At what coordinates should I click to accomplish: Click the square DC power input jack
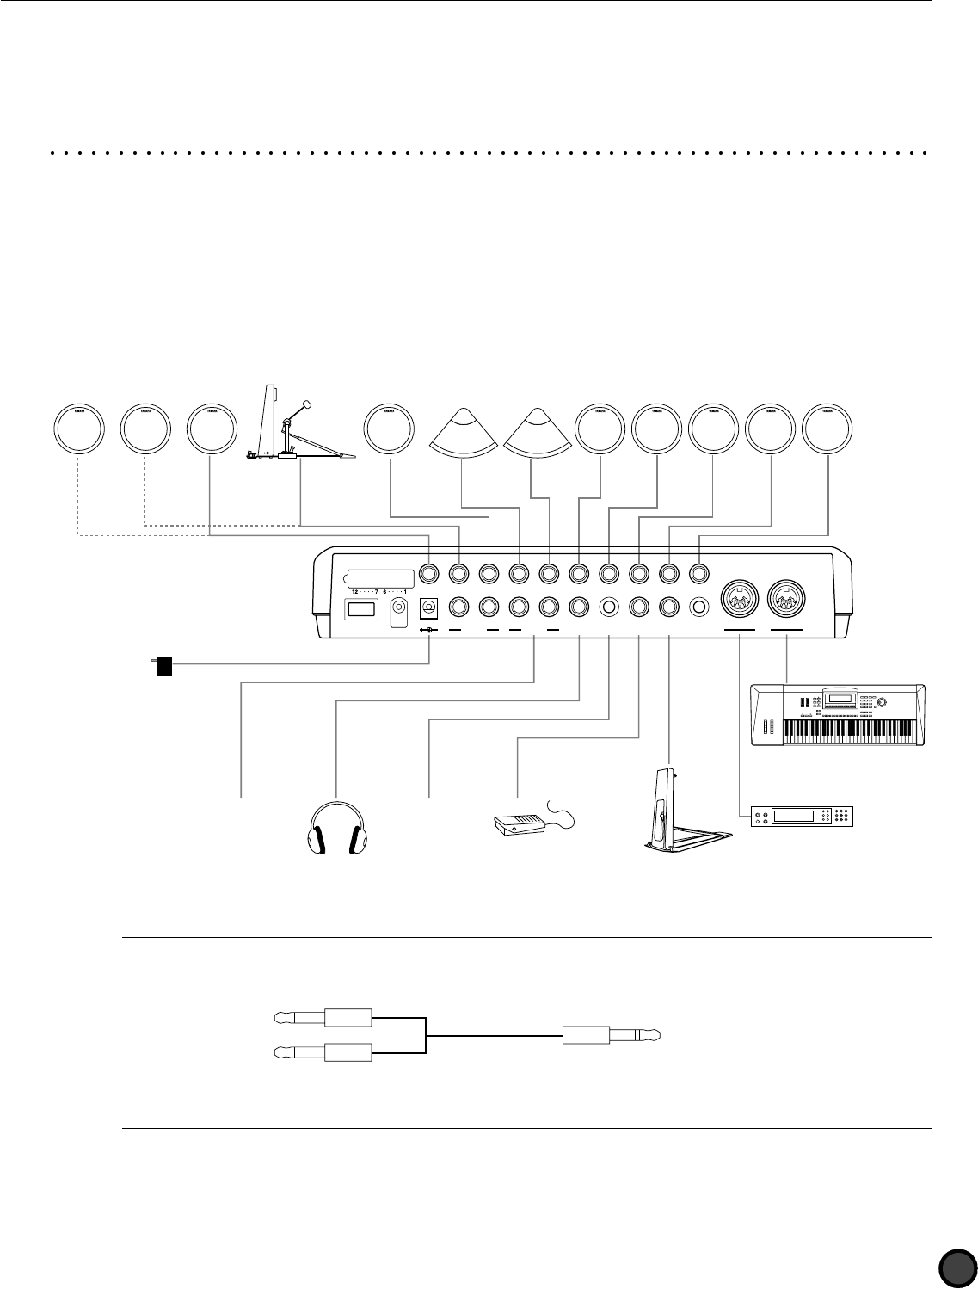[427, 607]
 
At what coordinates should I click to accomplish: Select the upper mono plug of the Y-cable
[323, 1018]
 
